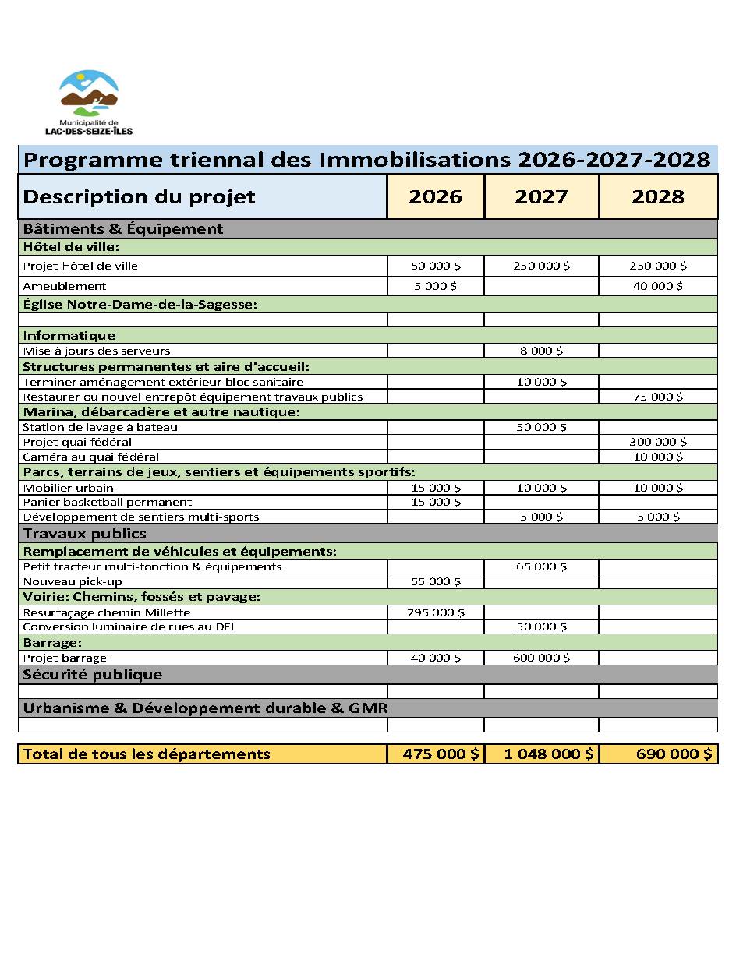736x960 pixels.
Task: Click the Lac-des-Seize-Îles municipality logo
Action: coord(90,101)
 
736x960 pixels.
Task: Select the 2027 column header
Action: coord(541,197)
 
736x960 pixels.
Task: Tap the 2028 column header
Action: coord(658,197)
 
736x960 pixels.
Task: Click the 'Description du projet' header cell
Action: coord(140,197)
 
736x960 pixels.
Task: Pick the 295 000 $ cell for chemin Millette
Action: coord(436,612)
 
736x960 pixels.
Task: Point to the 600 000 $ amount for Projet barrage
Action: coord(541,658)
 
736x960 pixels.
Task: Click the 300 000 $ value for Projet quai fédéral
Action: coord(658,442)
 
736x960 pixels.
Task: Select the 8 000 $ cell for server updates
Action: coord(541,351)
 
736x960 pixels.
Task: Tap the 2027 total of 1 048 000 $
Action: coord(541,754)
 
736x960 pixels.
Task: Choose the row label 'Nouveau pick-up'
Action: coord(73,581)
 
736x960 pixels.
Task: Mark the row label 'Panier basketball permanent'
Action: coord(108,502)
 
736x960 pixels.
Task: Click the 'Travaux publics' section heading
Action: coord(85,534)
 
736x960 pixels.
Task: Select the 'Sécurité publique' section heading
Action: coord(93,675)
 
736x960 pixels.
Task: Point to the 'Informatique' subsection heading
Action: coord(69,336)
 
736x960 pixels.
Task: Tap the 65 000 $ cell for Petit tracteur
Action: coord(541,566)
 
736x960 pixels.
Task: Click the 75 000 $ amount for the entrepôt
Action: coord(658,397)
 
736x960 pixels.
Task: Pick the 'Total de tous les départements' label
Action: coord(147,754)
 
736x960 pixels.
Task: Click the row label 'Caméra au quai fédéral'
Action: coord(91,457)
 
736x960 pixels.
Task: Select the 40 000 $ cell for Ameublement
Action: coord(658,286)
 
